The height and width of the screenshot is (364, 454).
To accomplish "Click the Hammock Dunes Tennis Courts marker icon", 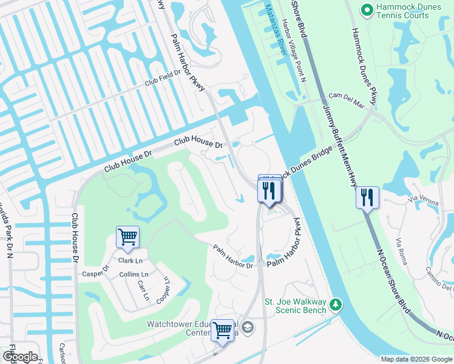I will coord(367,10).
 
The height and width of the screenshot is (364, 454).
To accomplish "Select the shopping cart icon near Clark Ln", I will coord(127,237).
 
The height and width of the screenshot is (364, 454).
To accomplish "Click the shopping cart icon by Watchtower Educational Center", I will coord(223,330).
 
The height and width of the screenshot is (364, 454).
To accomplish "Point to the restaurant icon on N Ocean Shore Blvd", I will coord(367,197).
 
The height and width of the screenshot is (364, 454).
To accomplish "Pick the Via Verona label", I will coord(423,198).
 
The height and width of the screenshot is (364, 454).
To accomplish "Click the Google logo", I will coord(20,357).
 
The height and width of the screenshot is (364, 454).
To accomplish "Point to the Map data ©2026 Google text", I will coord(416,359).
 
